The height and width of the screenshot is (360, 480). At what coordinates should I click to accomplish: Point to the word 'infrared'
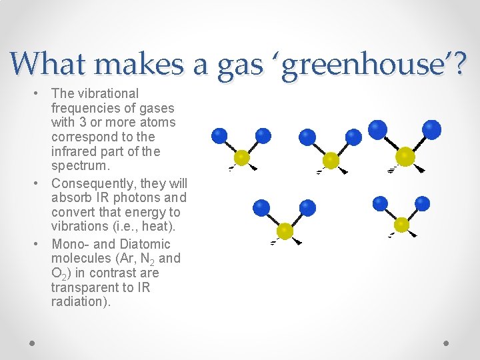(73, 151)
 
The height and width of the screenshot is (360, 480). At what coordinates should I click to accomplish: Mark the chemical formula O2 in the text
(59, 273)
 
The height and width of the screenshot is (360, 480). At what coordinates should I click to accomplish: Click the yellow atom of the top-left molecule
(243, 158)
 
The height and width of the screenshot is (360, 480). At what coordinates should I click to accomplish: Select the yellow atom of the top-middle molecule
(331, 161)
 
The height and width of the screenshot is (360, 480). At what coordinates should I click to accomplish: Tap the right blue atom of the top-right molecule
(431, 129)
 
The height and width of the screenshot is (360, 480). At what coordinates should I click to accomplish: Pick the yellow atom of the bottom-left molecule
(285, 231)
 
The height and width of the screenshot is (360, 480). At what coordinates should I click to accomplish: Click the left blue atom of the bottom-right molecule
(380, 203)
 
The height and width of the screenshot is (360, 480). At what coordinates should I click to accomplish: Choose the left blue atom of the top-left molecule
(219, 136)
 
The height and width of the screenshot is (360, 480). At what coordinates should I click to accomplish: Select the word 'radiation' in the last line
(79, 302)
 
